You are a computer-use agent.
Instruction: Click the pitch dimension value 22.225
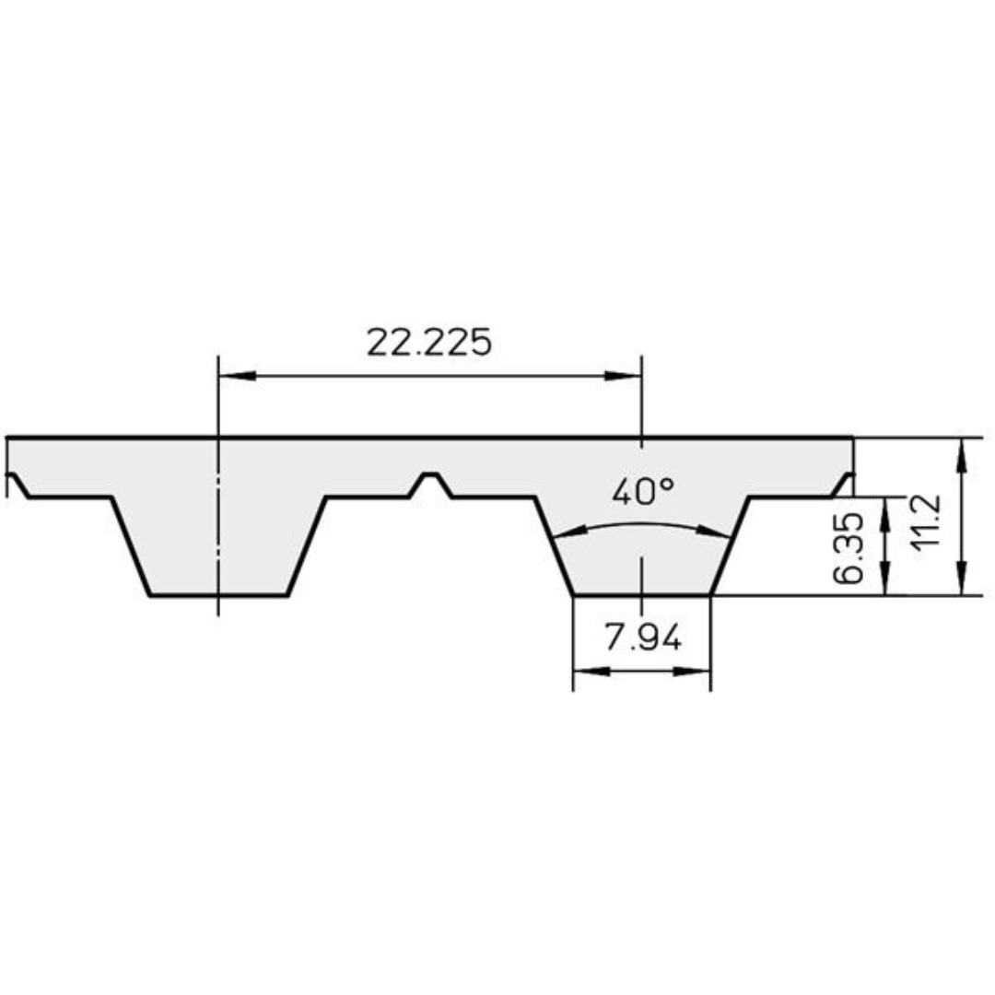point(429,343)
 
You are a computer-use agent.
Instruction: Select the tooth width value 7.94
point(642,637)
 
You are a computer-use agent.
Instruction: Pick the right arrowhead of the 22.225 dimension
point(624,376)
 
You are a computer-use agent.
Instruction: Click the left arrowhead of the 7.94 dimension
point(589,672)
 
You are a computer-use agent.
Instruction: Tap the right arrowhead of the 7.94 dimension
point(696,672)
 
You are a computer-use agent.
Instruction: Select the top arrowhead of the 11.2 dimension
point(962,454)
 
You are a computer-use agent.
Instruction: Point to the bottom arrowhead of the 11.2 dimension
point(962,579)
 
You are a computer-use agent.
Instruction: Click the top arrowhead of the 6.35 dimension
point(885,511)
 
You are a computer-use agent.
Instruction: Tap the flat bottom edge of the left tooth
point(219,596)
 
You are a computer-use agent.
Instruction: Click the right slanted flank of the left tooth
point(307,547)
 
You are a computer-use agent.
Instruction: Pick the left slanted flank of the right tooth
point(554,547)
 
